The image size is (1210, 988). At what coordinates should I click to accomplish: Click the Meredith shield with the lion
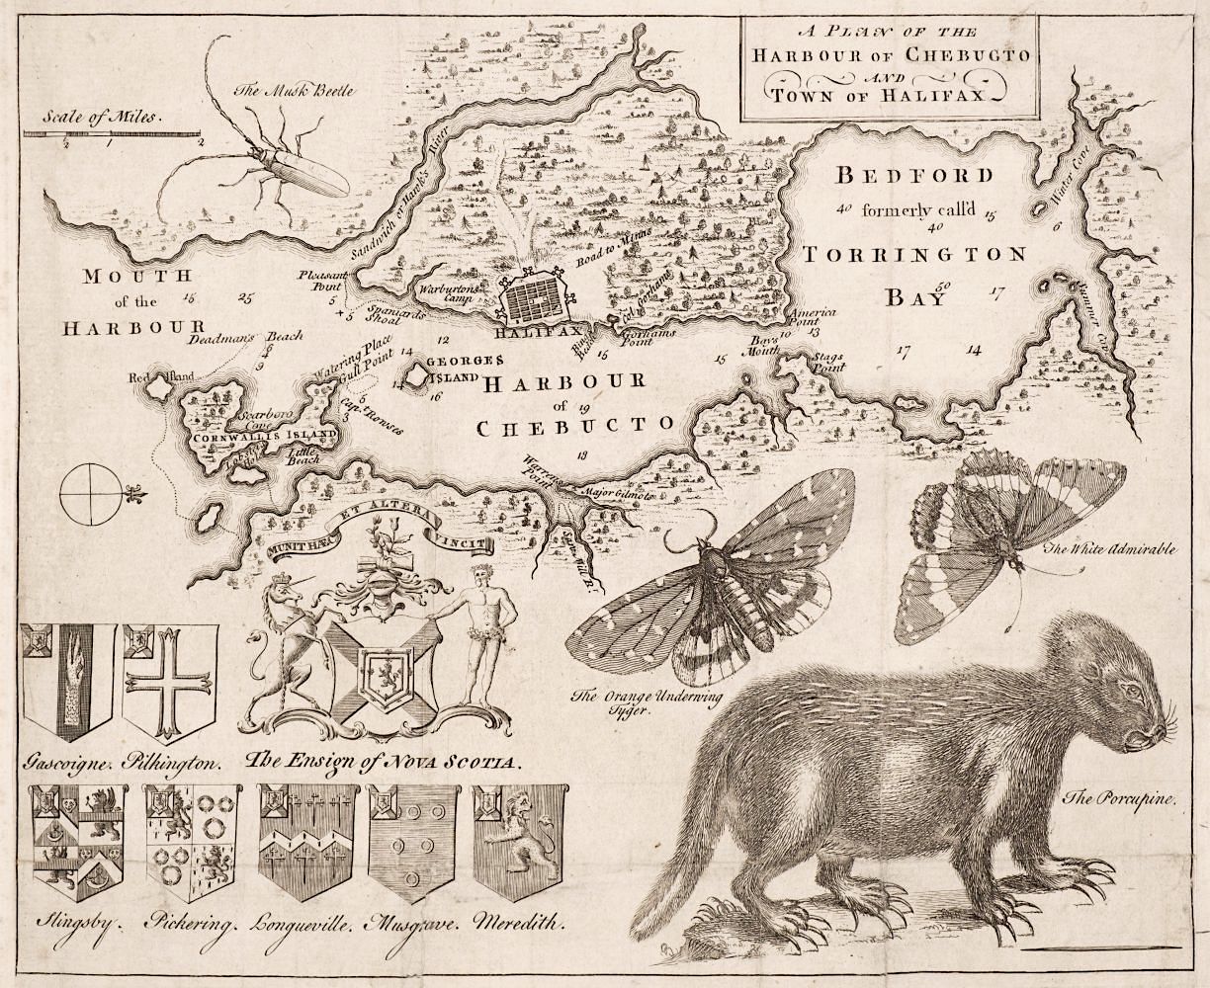tap(518, 841)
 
